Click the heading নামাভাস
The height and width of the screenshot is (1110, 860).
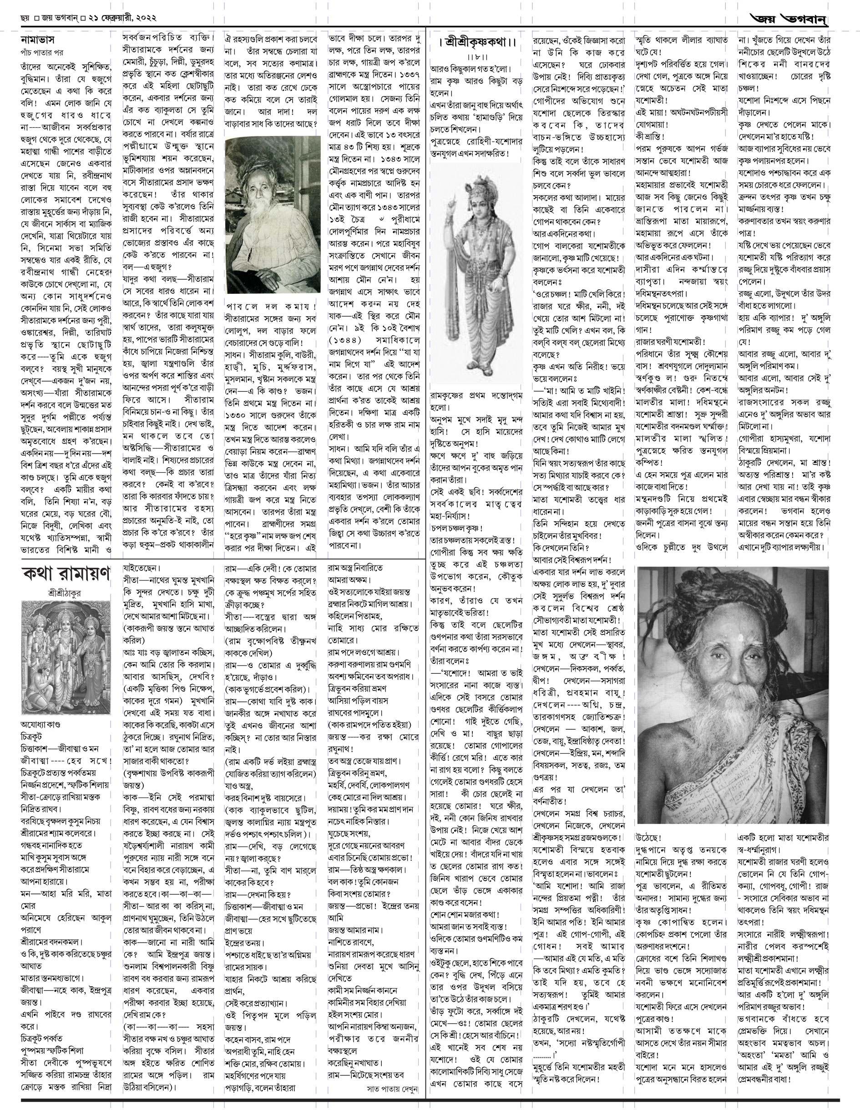(37, 40)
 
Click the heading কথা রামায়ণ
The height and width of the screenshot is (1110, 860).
(66, 574)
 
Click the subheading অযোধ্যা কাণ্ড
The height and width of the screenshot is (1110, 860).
(40, 724)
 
